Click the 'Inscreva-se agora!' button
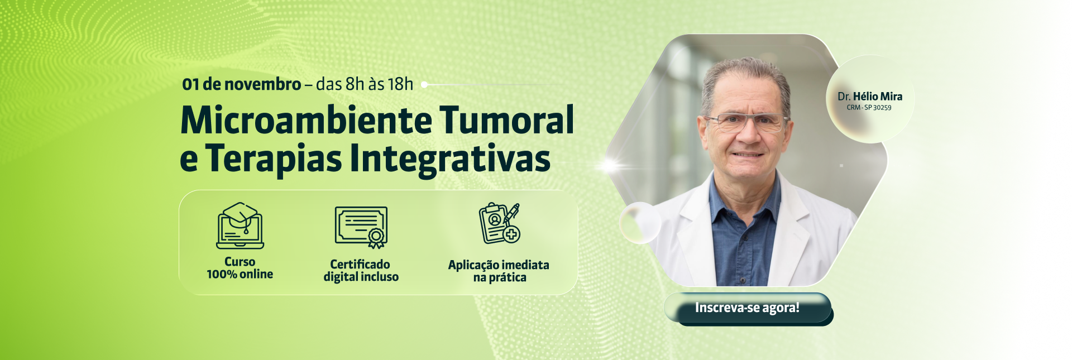tap(748, 308)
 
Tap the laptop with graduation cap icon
tap(240, 225)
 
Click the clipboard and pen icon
tap(500, 223)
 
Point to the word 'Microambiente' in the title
tap(307, 121)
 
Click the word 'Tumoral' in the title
tap(507, 120)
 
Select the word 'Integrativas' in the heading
tap(450, 160)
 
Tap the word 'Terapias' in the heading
tap(274, 160)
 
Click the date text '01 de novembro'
tap(242, 84)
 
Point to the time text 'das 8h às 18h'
tap(365, 84)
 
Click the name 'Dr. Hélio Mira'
tap(870, 97)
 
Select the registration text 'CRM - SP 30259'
tap(869, 108)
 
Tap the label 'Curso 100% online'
tap(240, 268)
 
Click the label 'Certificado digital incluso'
tap(361, 271)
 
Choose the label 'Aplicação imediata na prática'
tap(499, 271)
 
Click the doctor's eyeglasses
tap(746, 122)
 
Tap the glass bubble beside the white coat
tap(640, 223)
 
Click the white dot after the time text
tap(424, 85)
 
